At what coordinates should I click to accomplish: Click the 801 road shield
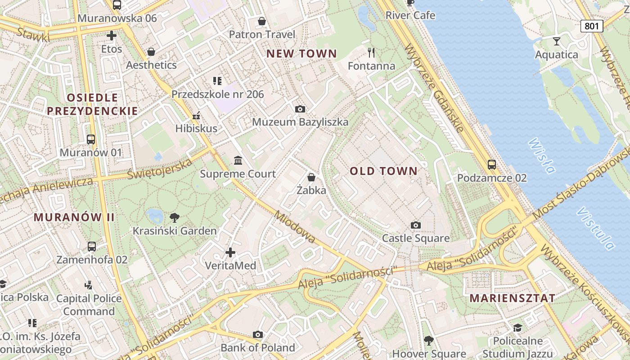pos(591,26)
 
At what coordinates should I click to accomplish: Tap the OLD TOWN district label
pos(384,171)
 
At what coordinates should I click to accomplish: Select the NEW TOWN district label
pos(301,54)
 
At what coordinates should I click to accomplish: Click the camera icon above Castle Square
pos(416,225)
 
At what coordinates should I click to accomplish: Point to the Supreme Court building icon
pos(238,161)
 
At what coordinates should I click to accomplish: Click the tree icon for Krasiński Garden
pos(175,218)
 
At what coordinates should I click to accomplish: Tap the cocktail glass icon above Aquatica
pos(557,41)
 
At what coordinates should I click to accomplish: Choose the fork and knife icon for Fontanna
pos(371,53)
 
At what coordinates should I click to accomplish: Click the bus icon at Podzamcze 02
pos(492,165)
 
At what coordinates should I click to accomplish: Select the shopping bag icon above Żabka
pos(311,177)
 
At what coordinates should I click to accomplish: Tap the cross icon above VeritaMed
pos(230,252)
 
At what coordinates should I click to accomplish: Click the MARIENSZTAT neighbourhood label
pos(513,298)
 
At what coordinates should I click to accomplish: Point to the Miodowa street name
pos(295,227)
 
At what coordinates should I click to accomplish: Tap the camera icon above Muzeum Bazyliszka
pos(300,109)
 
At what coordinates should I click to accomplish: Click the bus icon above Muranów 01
pos(91,139)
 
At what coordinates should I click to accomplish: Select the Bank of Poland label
pos(258,347)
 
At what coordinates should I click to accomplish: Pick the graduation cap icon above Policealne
pos(517,328)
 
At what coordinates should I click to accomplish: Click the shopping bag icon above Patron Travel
pos(262,21)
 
